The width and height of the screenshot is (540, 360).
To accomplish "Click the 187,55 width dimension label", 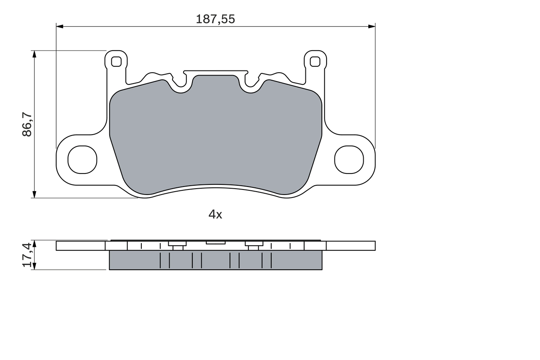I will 215,19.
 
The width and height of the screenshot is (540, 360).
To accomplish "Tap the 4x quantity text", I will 215,214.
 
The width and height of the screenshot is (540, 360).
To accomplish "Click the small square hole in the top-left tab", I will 116,62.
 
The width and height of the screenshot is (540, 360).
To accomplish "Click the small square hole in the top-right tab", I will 315,62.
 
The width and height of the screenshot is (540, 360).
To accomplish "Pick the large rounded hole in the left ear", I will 82,160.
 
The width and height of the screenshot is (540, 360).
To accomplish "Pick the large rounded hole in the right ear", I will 349,160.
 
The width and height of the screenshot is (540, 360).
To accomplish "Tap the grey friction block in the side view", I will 215,260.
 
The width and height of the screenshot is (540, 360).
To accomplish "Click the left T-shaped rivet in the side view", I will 178,245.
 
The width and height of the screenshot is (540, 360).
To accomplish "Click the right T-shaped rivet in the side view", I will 254,245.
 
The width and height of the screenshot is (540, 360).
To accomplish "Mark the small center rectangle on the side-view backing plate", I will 216,243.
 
